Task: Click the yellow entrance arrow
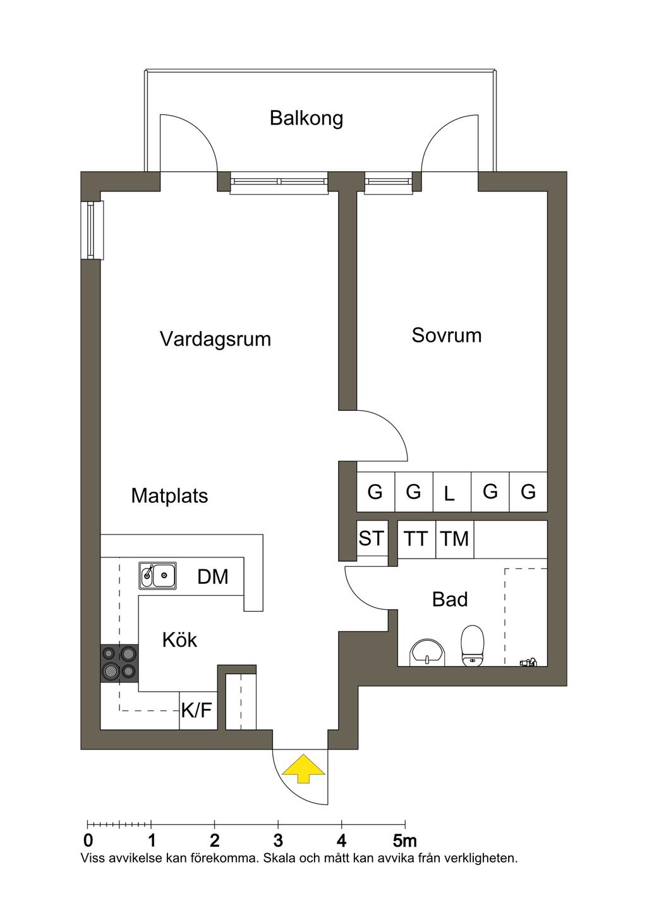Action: click(303, 768)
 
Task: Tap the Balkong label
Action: click(306, 118)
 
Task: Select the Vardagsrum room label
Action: click(215, 339)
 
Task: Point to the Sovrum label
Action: click(446, 335)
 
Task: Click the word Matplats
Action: click(169, 496)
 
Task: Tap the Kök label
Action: click(179, 640)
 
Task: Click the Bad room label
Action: click(450, 599)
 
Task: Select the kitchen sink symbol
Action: click(158, 575)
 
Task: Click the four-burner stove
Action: click(119, 663)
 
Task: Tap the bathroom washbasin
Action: click(427, 653)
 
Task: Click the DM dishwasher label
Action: click(213, 576)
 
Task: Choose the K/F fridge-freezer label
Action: click(197, 711)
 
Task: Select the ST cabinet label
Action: click(371, 538)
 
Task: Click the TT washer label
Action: click(416, 539)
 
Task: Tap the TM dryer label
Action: click(454, 539)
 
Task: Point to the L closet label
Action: click(449, 494)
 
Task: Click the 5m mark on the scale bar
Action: click(405, 841)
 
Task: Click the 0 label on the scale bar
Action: click(88, 841)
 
